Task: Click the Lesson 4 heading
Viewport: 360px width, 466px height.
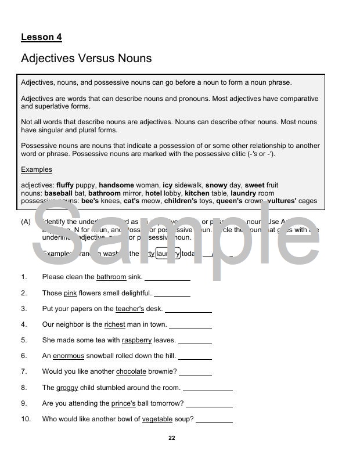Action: [41, 37]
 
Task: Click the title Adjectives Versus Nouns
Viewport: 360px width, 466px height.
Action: [86, 58]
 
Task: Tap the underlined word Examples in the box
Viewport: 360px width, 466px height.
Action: [37, 169]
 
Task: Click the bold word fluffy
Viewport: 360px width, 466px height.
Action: [65, 185]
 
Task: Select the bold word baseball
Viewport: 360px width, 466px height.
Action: [58, 193]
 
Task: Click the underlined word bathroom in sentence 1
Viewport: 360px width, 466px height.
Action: [111, 277]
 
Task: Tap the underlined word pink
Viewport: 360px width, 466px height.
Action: [70, 293]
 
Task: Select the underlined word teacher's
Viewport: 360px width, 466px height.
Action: [129, 309]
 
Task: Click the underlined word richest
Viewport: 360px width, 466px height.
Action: [114, 324]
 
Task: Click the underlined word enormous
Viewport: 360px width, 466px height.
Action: [69, 356]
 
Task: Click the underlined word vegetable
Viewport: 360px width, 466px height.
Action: [157, 419]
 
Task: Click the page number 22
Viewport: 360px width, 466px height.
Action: [171, 438]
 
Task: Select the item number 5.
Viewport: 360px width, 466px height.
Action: [24, 340]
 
